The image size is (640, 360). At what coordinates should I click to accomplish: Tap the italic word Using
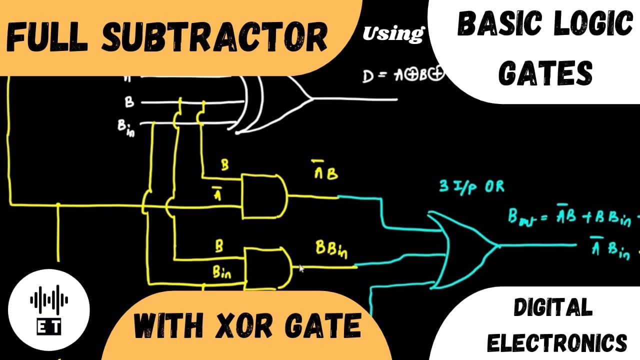pyautogui.click(x=392, y=33)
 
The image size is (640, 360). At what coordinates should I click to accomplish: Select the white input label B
pyautogui.click(x=129, y=102)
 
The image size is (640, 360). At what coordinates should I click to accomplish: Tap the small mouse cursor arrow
pyautogui.click(x=301, y=268)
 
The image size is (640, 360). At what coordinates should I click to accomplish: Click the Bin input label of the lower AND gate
pyautogui.click(x=222, y=273)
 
